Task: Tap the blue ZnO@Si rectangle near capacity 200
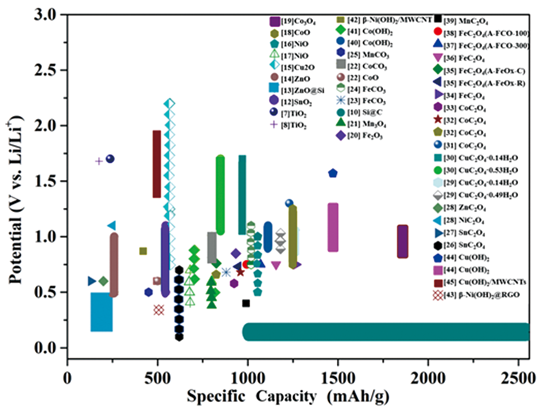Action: [x=102, y=312]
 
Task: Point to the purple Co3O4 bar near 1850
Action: [x=403, y=242]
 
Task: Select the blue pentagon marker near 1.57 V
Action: [x=333, y=173]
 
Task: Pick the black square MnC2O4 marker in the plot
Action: [x=246, y=303]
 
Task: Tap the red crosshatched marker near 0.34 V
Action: [x=159, y=310]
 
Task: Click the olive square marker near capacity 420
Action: [x=143, y=251]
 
